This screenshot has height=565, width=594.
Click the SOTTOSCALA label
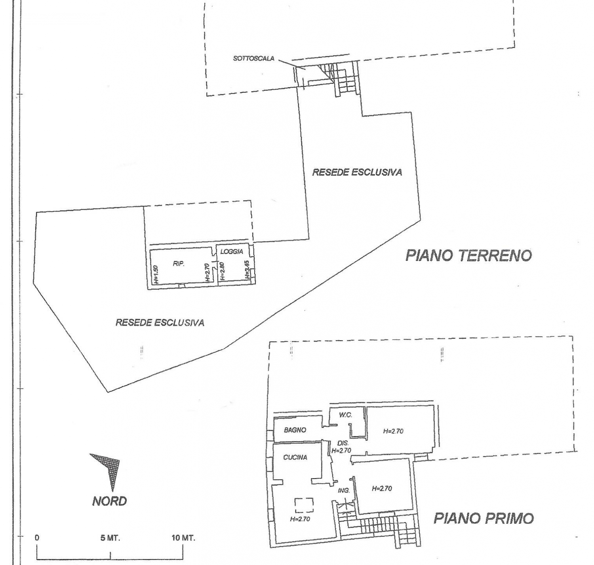point(254,59)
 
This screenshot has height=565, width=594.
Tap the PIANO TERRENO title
point(468,255)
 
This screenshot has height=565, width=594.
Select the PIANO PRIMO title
point(484,518)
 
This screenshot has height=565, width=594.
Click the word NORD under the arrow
point(109,501)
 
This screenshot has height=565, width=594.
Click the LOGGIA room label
point(232,251)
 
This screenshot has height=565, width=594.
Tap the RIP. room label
point(179,264)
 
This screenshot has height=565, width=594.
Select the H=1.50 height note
point(156,274)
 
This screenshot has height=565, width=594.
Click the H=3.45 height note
point(247,270)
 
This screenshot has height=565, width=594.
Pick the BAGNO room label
point(295,430)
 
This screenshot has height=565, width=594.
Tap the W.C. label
point(345,415)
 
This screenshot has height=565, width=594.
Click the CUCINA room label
point(295,458)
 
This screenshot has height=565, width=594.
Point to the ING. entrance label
point(344,490)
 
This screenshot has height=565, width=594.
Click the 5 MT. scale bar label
point(110,538)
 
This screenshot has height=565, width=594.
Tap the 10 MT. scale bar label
point(183,538)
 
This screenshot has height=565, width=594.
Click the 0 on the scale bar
point(37,538)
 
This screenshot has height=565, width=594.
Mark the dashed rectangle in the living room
point(304,505)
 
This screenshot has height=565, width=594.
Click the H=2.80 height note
point(223,271)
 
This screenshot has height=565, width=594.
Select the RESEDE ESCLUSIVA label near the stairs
point(357,172)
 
